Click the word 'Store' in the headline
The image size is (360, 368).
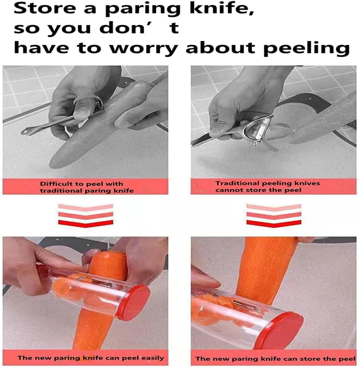[x=45, y=9]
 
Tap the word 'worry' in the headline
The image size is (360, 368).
[x=143, y=48]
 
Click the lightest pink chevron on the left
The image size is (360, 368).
[x=85, y=207]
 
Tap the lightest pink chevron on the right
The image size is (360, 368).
[x=274, y=207]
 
